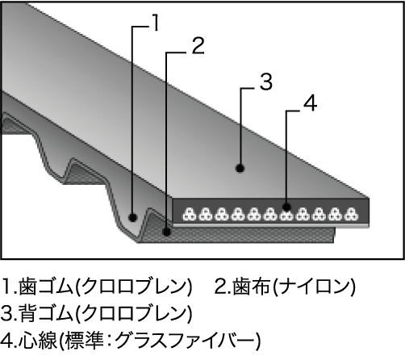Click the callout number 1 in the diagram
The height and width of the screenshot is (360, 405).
click(154, 23)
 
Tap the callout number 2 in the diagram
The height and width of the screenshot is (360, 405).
click(198, 46)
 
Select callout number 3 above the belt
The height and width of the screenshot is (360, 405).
click(266, 82)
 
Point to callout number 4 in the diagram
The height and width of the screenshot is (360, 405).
click(310, 103)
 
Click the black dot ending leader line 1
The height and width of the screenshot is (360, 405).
click(132, 217)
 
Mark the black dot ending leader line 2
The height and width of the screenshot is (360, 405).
click(167, 231)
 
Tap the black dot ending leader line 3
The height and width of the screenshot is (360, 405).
click(240, 169)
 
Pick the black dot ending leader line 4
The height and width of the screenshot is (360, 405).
click(286, 207)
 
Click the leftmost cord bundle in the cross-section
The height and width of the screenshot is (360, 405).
click(190, 214)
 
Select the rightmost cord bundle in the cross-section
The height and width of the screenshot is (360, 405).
click(352, 214)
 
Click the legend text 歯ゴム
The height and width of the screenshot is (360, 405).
click(46, 286)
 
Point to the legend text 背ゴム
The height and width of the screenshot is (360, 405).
click(46, 313)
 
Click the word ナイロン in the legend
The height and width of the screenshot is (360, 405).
click(314, 286)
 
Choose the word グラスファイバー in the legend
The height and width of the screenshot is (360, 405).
click(185, 341)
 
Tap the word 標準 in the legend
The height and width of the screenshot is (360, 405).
click(84, 341)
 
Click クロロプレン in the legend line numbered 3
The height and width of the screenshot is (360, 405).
click(133, 313)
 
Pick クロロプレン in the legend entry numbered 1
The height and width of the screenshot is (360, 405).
click(133, 286)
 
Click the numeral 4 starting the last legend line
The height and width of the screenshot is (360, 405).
click(6, 341)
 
